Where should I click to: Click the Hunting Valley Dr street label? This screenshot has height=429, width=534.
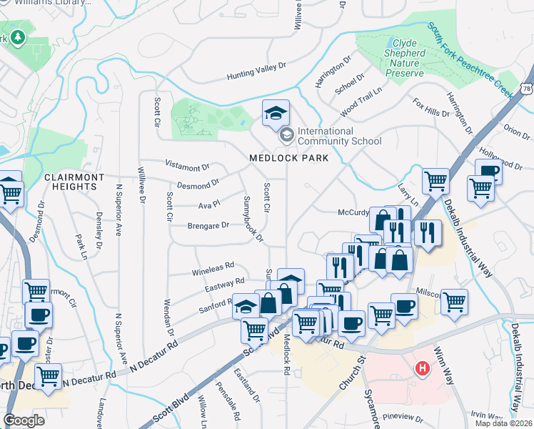pyautogui.click(x=256, y=70)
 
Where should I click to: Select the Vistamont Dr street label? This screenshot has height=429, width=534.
pyautogui.click(x=187, y=166)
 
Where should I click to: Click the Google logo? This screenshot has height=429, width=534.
pyautogui.click(x=24, y=420)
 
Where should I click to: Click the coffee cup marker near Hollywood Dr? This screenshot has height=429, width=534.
pyautogui.click(x=489, y=172)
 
